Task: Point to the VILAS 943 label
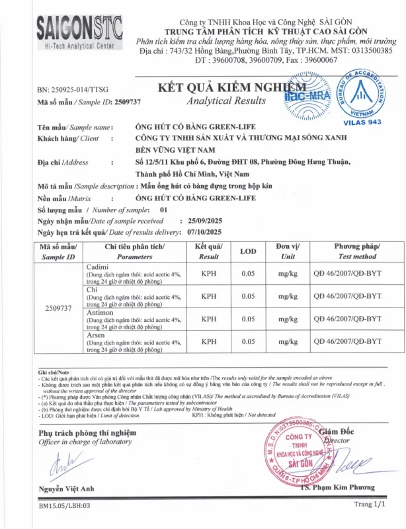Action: coord(363,123)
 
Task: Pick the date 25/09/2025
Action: coord(210,221)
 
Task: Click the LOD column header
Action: coord(248,251)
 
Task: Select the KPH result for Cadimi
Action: coord(209,274)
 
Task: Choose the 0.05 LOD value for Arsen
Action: coord(248,341)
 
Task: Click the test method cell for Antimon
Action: coord(348,319)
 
